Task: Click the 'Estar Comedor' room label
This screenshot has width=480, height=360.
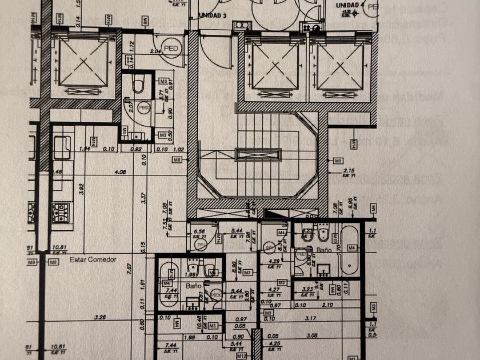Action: click(x=93, y=259)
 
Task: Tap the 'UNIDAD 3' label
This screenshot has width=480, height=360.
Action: click(x=213, y=15)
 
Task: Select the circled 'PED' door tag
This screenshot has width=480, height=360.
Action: click(x=170, y=49)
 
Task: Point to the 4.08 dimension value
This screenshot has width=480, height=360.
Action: click(x=120, y=171)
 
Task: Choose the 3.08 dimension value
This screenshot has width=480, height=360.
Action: click(x=311, y=335)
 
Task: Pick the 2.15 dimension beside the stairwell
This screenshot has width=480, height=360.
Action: click(x=350, y=171)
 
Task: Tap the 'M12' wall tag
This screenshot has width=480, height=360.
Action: click(x=242, y=356)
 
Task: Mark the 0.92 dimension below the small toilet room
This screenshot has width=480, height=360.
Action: click(x=136, y=149)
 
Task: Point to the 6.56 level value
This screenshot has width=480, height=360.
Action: click(x=199, y=231)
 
